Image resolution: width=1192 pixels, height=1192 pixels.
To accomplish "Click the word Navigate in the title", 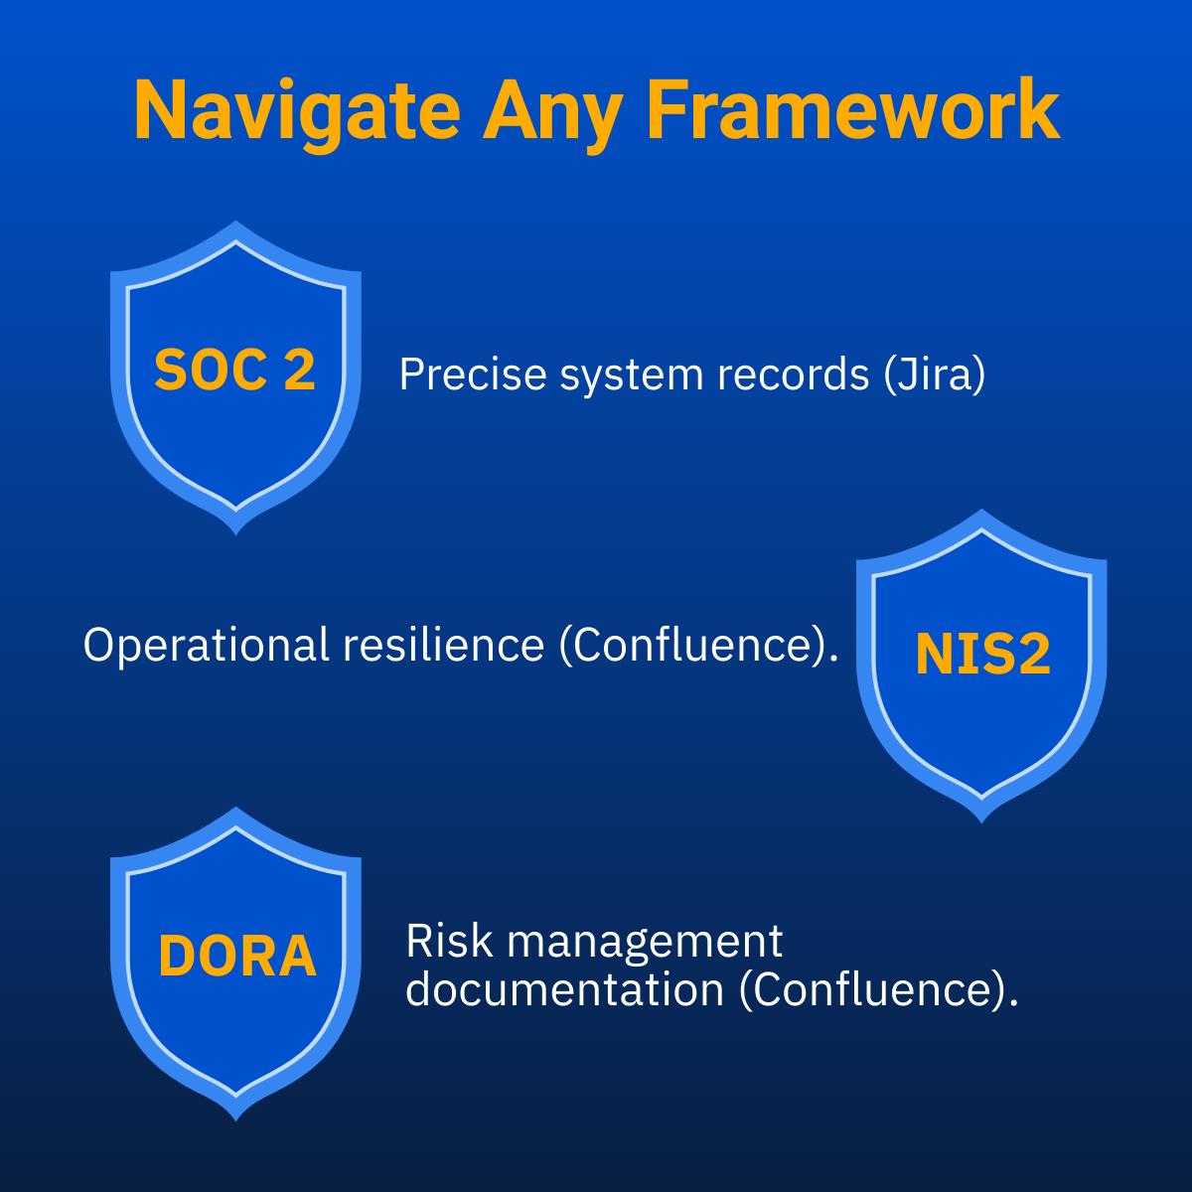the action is tap(297, 115).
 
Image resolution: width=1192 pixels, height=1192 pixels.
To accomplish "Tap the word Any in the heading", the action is tap(552, 115).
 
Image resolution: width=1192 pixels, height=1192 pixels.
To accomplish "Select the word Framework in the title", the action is tap(853, 110).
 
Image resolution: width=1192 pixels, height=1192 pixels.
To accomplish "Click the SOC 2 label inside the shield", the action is tap(235, 370).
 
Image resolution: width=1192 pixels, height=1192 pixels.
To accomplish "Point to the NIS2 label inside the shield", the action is tap(983, 654).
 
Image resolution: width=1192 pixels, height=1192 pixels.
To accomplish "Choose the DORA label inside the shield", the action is tap(237, 956).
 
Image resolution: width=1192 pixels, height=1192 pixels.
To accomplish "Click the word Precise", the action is tap(473, 374).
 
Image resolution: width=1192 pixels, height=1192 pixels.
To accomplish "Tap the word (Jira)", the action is tap(934, 374).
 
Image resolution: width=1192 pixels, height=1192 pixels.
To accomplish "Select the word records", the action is tap(794, 374).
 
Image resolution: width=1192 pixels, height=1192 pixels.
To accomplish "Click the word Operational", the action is tap(206, 646).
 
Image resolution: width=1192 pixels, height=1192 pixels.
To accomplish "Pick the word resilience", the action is tap(443, 645).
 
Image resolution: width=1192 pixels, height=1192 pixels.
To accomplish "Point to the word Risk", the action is tap(449, 941).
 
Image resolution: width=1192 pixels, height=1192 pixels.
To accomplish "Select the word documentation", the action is tap(565, 989).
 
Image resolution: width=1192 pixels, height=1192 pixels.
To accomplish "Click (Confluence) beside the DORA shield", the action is tap(878, 990).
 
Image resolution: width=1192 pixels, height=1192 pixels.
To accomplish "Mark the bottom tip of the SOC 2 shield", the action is tap(235, 533).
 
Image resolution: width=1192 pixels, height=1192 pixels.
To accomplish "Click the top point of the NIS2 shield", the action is tap(981, 510).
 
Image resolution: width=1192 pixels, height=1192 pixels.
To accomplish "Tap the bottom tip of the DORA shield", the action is tap(235, 1120).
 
